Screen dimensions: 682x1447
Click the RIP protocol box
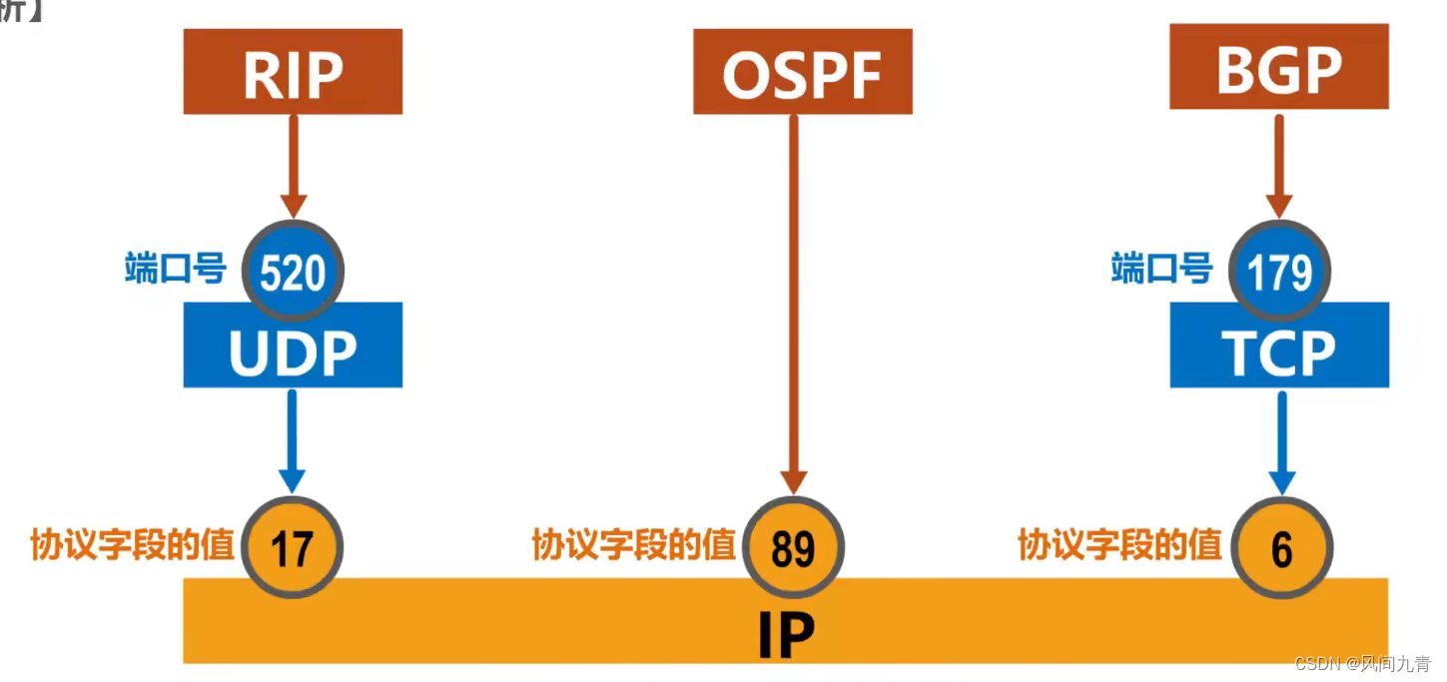coord(293,71)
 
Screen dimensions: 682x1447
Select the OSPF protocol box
coord(803,71)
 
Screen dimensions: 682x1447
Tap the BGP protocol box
coord(1279,67)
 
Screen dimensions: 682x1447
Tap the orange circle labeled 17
coord(293,548)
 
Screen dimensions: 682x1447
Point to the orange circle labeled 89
coord(794,548)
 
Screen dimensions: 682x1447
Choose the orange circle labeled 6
coord(1281,548)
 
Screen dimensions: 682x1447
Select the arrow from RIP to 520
coord(293,165)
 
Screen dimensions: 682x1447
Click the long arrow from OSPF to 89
coord(794,300)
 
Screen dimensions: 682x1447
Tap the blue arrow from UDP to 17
coord(293,439)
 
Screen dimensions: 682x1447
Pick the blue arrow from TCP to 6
coord(1281,439)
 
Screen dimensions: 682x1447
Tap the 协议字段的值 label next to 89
coord(633,545)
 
